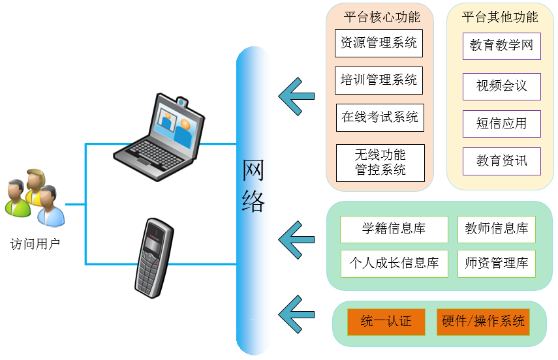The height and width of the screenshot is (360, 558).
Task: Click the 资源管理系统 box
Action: coord(379,43)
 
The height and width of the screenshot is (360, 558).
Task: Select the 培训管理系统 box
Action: coord(379,80)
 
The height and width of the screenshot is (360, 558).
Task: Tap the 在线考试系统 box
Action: coord(380,117)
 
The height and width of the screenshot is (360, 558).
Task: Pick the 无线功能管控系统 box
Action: coord(380,162)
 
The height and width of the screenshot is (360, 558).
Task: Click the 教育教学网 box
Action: coord(501,46)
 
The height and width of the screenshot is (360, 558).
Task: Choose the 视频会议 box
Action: coord(501,85)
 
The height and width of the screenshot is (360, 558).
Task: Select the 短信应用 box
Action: coord(501,123)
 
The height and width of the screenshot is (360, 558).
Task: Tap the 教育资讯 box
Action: coord(501,161)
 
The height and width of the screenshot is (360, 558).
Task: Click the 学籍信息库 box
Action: coord(394,229)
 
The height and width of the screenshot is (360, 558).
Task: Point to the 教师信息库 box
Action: coord(496,229)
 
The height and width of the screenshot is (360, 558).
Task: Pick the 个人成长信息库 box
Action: coord(394,263)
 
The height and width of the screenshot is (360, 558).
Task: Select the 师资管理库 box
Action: coord(496,263)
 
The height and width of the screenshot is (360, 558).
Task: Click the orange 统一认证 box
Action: coord(386,322)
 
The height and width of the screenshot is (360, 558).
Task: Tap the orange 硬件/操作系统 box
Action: coord(483,322)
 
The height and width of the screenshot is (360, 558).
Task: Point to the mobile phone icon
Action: coord(153,258)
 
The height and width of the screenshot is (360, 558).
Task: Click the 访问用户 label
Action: coord(35,245)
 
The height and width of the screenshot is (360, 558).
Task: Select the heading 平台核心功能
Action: coord(381,17)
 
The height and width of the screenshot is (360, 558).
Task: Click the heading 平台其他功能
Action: coord(500,17)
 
